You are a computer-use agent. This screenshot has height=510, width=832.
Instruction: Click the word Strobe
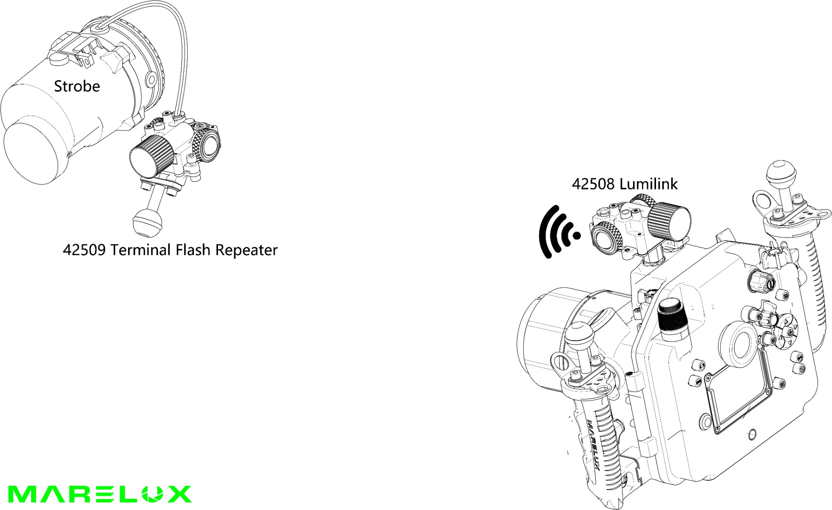click(x=77, y=86)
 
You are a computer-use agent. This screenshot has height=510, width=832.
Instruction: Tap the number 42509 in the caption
click(x=84, y=250)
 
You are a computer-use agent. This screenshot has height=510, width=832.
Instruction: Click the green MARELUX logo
click(x=100, y=494)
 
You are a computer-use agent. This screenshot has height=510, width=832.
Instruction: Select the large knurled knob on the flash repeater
click(x=151, y=155)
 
